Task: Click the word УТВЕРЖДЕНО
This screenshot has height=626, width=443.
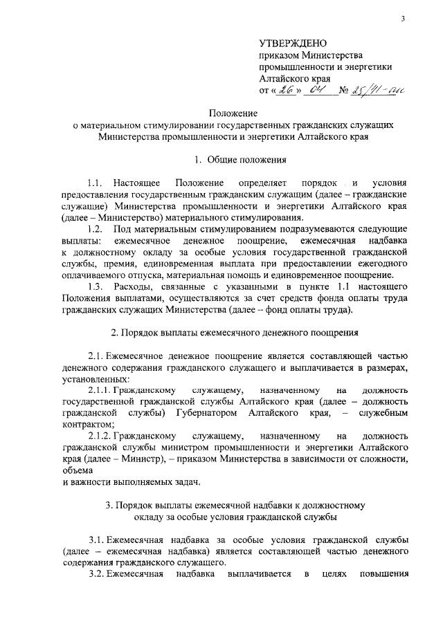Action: point(289,44)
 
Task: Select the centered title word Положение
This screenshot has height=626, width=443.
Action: point(234,113)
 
